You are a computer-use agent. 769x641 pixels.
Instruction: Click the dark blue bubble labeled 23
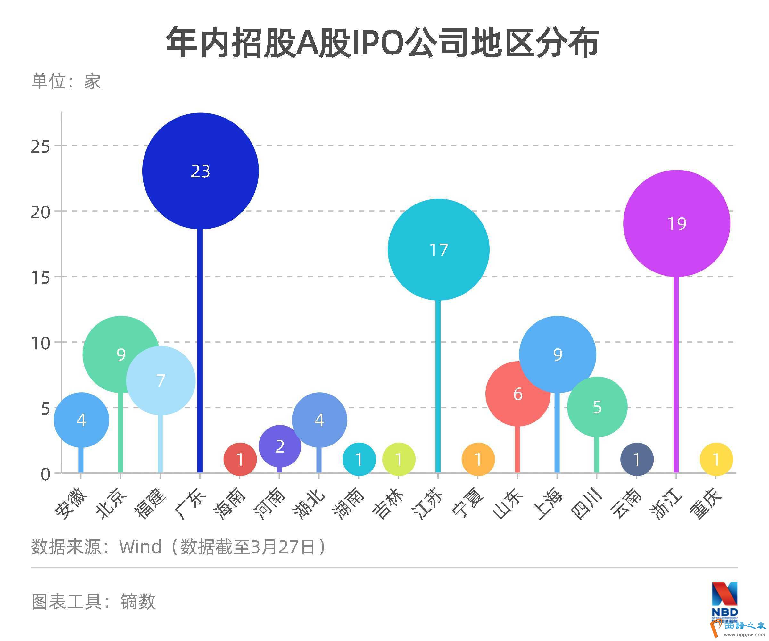(x=200, y=171)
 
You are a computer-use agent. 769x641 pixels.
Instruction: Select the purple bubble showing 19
(x=676, y=223)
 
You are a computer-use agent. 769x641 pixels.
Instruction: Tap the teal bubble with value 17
(x=438, y=250)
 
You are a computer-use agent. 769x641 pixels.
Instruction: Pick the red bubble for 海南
(x=240, y=459)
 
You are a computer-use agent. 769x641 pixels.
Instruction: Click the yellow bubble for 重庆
(x=716, y=459)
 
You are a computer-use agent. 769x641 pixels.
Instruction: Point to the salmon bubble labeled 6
(x=517, y=394)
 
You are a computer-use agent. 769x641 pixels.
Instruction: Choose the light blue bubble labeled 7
(x=161, y=380)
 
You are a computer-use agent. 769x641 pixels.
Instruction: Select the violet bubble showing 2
(x=280, y=446)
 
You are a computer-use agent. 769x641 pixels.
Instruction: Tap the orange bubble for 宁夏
(x=478, y=459)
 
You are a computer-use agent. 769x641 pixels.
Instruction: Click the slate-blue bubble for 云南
(x=637, y=459)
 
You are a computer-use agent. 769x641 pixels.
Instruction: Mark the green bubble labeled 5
(x=597, y=407)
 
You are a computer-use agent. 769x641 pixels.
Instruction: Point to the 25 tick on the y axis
(x=40, y=147)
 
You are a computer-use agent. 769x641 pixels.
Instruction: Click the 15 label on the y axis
(x=40, y=278)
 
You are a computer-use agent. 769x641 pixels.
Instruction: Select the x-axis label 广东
(x=190, y=503)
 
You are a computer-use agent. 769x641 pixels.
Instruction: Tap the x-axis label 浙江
(x=666, y=503)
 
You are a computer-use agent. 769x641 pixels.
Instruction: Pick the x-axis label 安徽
(x=72, y=503)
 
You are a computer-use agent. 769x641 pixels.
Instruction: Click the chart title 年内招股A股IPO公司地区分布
(x=383, y=42)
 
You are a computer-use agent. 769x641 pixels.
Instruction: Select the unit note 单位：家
(x=66, y=81)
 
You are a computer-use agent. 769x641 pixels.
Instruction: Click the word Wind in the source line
(x=140, y=547)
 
